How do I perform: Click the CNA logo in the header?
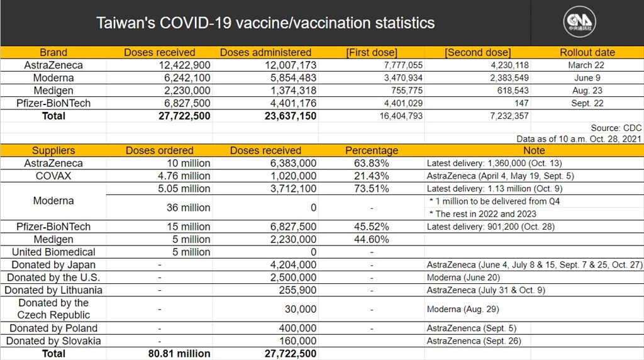(x=579, y=22)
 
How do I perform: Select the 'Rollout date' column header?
(x=587, y=52)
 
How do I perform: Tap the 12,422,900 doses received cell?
(x=184, y=65)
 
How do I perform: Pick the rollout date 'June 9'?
(x=587, y=77)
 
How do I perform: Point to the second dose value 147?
(x=521, y=103)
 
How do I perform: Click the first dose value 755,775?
(x=407, y=91)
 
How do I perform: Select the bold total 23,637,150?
(x=291, y=116)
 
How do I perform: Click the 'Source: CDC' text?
(x=616, y=128)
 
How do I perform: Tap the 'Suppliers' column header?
(x=53, y=150)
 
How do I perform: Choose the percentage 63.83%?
(x=371, y=163)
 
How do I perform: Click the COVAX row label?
(x=53, y=176)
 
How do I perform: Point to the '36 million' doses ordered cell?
(x=188, y=208)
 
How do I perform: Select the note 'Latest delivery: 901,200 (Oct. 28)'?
(x=491, y=227)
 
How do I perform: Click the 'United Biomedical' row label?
(x=53, y=252)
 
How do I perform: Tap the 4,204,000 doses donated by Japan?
(x=293, y=265)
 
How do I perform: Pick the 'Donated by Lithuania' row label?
(x=53, y=290)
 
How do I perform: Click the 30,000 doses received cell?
(x=301, y=309)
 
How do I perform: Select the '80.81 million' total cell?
(x=179, y=354)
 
